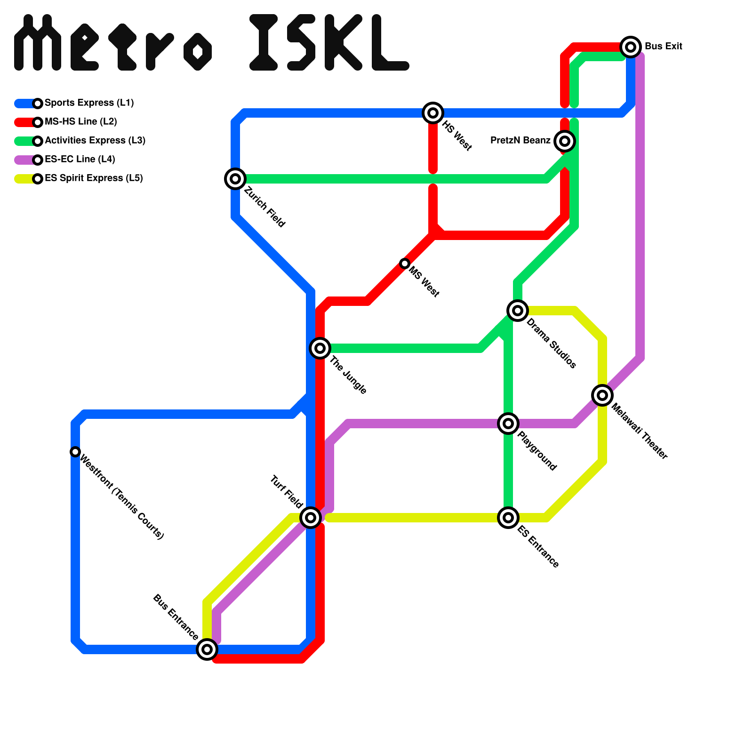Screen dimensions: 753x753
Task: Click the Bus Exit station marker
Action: click(x=631, y=47)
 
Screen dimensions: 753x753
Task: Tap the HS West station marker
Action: click(x=433, y=113)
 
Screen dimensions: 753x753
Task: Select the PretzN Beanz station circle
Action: click(x=565, y=141)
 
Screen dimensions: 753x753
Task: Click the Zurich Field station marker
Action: click(x=235, y=179)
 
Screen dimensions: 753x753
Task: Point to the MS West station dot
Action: click(x=405, y=264)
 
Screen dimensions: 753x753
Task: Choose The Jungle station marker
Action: click(x=320, y=348)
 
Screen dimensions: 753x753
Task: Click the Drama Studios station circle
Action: click(x=518, y=311)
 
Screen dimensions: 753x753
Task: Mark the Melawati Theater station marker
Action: click(x=602, y=395)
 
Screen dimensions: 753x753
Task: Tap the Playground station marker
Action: click(x=508, y=424)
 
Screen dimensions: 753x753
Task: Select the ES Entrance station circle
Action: click(x=508, y=518)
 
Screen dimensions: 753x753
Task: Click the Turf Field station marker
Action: click(x=311, y=518)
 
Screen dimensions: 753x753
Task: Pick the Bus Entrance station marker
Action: click(x=207, y=649)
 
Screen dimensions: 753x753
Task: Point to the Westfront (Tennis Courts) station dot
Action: click(x=75, y=452)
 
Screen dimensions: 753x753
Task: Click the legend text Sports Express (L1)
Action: click(x=89, y=103)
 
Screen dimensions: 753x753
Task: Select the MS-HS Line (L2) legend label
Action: click(x=81, y=122)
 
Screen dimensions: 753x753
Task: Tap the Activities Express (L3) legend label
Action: click(x=95, y=141)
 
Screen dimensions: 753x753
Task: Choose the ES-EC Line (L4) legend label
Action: click(x=80, y=160)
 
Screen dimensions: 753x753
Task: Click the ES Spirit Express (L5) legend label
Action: click(x=94, y=178)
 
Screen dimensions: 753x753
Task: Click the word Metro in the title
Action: click(x=113, y=43)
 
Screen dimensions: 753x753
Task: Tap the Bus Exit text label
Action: click(x=663, y=47)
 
